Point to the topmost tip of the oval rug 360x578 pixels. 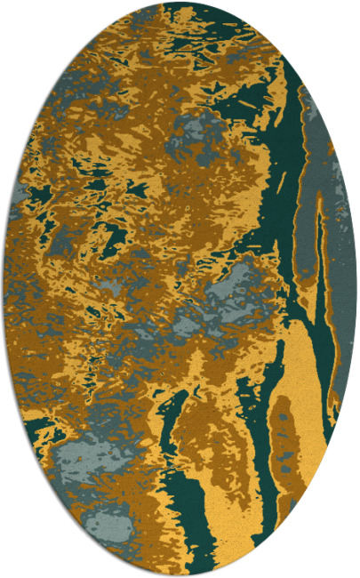180,3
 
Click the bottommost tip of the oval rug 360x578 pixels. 180,575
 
